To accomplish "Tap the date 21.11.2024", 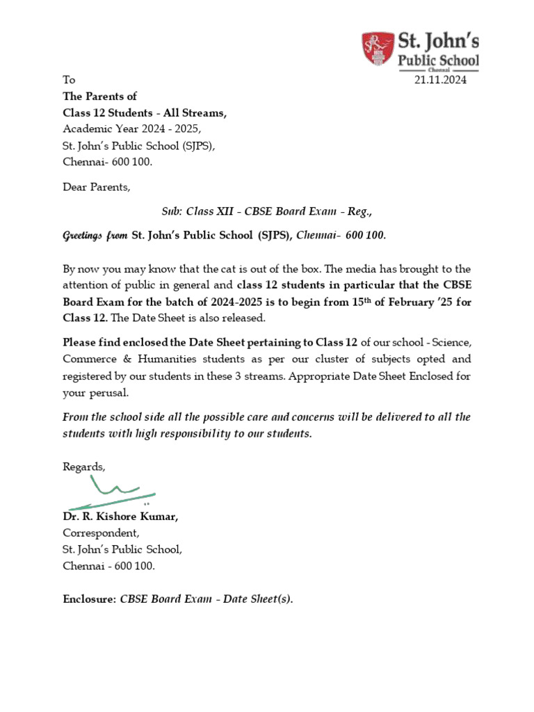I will [x=441, y=80].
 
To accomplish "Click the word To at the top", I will [x=69, y=80].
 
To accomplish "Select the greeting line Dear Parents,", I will [x=96, y=187].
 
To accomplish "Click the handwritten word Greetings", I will [x=83, y=235].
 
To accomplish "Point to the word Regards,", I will [x=84, y=467].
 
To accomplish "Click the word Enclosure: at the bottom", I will [x=89, y=599].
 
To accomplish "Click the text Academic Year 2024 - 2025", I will [x=131, y=129].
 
